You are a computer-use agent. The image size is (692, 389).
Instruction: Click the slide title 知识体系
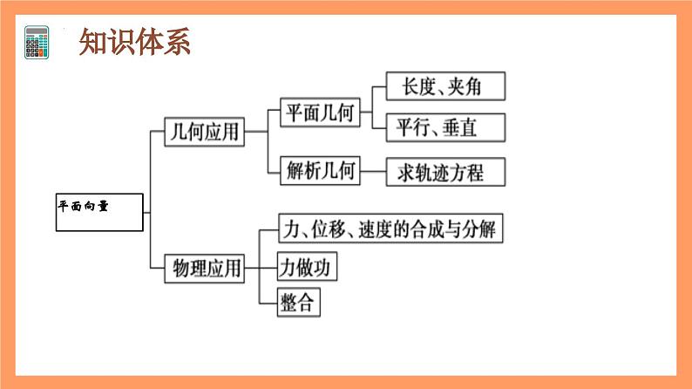pos(134,42)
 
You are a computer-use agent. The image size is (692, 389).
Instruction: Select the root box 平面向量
pos(99,211)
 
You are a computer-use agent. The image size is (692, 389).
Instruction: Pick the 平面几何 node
pos(320,112)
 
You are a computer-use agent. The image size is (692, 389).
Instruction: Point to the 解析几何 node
pos(320,172)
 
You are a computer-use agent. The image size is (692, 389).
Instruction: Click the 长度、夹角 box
pos(445,86)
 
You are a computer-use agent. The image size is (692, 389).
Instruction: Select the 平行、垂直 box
pos(445,128)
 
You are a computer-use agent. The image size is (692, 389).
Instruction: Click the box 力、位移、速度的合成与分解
pos(389,229)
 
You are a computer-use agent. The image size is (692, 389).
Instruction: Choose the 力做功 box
pos(306,266)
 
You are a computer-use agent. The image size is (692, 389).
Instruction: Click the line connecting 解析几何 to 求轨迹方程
pos(373,172)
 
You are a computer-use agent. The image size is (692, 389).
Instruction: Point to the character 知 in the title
pos(93,42)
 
